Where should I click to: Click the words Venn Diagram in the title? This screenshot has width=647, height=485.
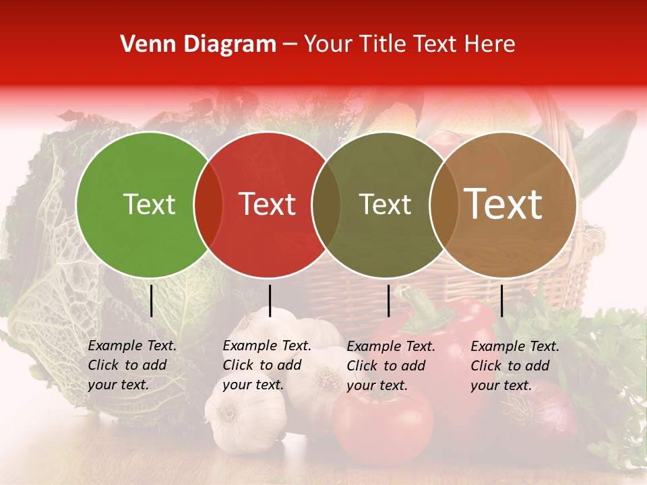pyautogui.click(x=198, y=44)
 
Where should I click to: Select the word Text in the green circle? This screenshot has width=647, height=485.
pyautogui.click(x=149, y=204)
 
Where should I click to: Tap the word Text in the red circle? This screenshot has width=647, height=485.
pyautogui.click(x=268, y=204)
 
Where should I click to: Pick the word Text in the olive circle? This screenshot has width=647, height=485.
pyautogui.click(x=385, y=204)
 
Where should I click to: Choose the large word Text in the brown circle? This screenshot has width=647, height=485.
pyautogui.click(x=503, y=204)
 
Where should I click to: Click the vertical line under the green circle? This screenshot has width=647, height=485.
pyautogui.click(x=151, y=300)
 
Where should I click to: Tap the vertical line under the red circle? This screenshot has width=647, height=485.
pyautogui.click(x=270, y=300)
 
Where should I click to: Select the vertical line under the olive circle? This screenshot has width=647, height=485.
pyautogui.click(x=389, y=300)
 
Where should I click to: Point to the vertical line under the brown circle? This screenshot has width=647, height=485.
pyautogui.click(x=502, y=300)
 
